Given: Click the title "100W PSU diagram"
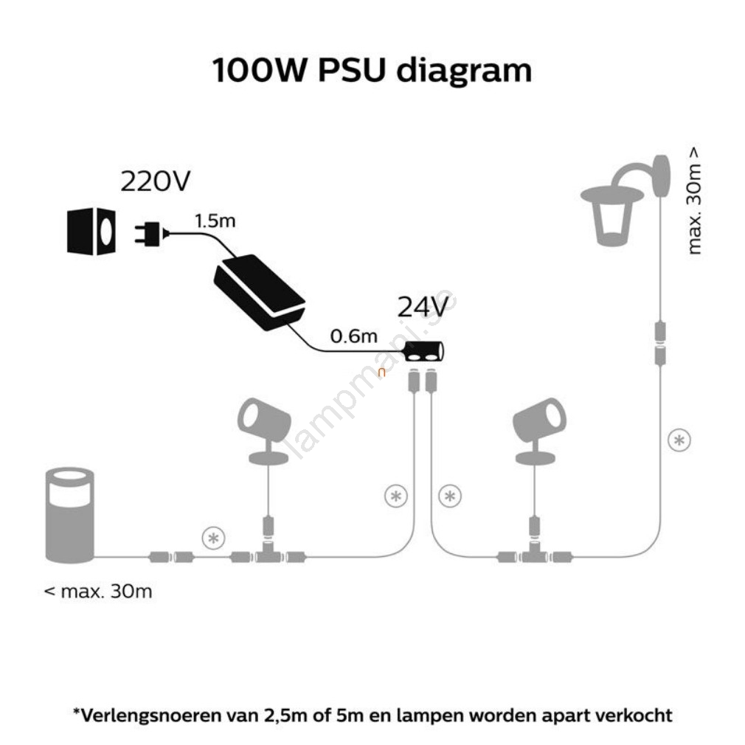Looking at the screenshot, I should (x=372, y=72).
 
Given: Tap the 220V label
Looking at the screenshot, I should (x=156, y=181).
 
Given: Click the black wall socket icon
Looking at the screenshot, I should (x=91, y=232).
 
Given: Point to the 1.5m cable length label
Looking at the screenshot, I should (x=215, y=221).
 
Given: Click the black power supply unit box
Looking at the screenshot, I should (x=259, y=289).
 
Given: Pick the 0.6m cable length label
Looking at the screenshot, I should (x=354, y=337).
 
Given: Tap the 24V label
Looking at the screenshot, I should (x=423, y=308).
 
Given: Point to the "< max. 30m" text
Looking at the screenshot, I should (x=99, y=591).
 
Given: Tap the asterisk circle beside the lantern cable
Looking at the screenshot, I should (x=679, y=440).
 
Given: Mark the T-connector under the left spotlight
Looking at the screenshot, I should (x=267, y=555).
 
